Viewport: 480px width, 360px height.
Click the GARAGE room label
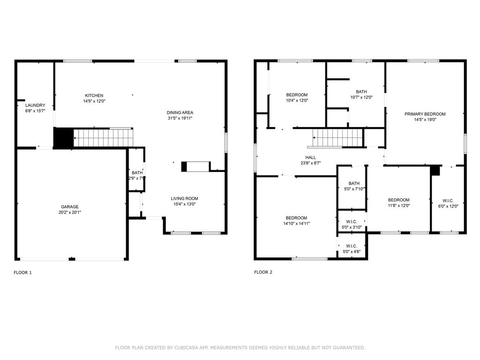[x=69, y=207]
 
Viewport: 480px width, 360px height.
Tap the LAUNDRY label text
[x=35, y=105]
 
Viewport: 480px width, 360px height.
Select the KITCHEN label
[x=94, y=96]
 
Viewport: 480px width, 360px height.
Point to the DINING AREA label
[x=180, y=112]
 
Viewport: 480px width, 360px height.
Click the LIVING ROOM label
[x=184, y=198]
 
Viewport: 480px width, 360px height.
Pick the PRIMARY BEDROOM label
[x=425, y=114]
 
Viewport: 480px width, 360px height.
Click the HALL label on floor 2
[x=310, y=157]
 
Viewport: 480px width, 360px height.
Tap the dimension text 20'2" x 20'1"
[x=69, y=212]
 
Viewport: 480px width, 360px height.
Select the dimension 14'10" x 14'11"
[x=297, y=224]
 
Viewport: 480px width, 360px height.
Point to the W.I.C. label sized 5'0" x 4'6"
[x=352, y=246]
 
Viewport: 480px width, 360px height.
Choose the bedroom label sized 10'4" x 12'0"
[x=297, y=95]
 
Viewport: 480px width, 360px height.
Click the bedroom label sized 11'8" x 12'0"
[x=398, y=200]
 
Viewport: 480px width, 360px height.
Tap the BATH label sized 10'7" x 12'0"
[x=361, y=92]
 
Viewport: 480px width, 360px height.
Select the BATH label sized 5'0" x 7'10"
[x=354, y=183]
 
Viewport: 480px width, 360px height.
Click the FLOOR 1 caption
[x=22, y=272]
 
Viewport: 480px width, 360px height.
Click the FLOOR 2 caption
[x=263, y=272]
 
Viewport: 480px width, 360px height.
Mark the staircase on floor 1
[x=103, y=138]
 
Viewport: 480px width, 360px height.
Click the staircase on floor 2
[x=338, y=138]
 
